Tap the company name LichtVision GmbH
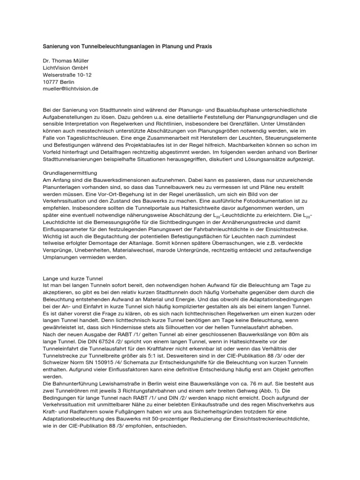[x=65, y=68]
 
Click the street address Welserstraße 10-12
[x=67, y=75]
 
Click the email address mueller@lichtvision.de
[x=70, y=89]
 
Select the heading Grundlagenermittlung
[x=70, y=173]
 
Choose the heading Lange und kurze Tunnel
[x=72, y=278]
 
